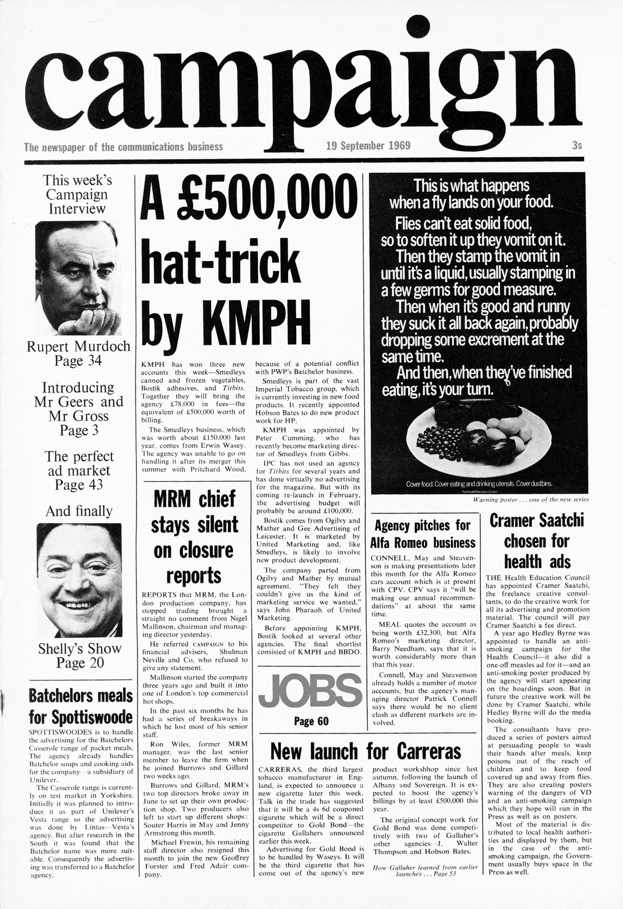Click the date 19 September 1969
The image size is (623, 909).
click(368, 145)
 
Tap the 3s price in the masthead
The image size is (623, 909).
click(577, 145)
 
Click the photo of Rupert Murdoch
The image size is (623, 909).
click(78, 277)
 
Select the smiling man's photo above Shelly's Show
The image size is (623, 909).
click(79, 580)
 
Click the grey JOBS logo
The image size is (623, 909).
click(310, 691)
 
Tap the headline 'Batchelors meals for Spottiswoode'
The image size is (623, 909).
click(80, 705)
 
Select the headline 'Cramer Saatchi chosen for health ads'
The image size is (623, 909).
click(537, 541)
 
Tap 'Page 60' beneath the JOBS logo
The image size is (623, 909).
click(311, 722)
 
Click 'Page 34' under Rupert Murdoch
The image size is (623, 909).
click(78, 361)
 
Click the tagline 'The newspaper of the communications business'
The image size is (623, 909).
click(123, 147)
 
